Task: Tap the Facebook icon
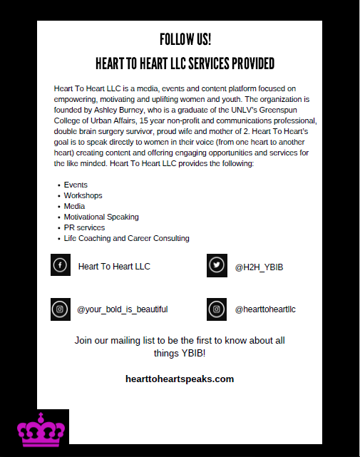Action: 61,265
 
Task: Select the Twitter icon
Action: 217,266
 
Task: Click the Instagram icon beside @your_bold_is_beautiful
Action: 61,309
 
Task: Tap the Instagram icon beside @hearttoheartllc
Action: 217,309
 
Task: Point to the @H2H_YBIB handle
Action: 254,267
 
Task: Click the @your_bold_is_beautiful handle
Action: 123,309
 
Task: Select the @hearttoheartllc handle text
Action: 265,309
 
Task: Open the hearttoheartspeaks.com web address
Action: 180,379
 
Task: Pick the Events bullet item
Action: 76,185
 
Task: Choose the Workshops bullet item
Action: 83,195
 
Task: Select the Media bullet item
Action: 75,206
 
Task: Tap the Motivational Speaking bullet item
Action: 101,217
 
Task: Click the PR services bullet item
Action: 84,227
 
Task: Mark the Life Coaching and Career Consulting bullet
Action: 126,238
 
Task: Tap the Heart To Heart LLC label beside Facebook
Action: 114,267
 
